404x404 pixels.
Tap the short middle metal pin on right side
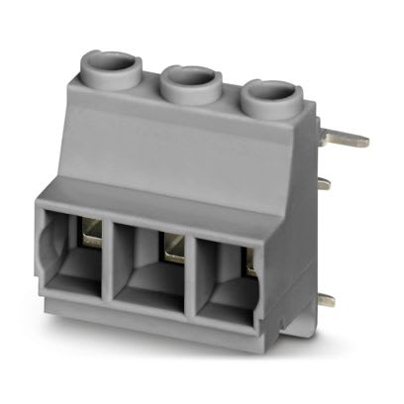(x=324, y=182)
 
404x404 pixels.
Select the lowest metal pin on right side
(x=325, y=299)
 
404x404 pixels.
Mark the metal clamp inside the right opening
(x=250, y=265)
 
